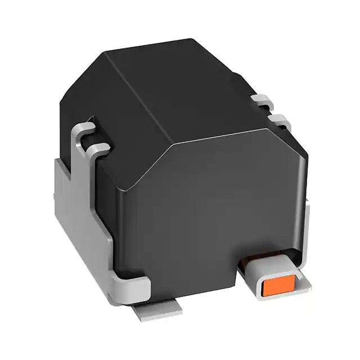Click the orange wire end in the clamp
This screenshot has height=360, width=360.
[x=278, y=286]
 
